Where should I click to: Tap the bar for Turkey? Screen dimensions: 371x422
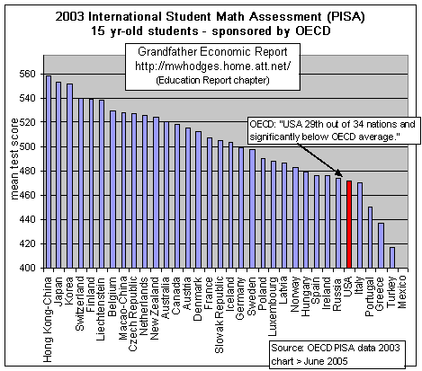coord(391,257)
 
